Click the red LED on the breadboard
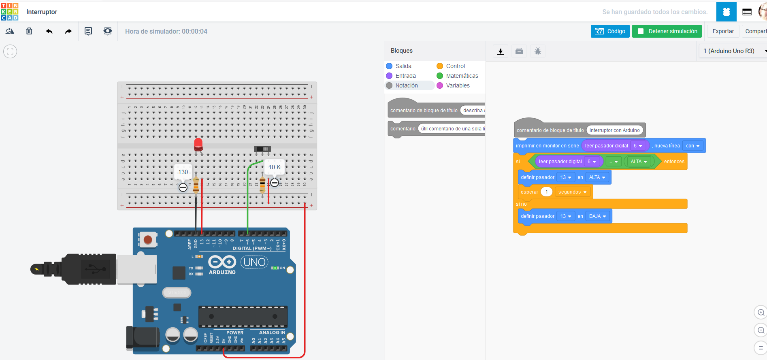(198, 144)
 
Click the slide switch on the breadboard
(262, 149)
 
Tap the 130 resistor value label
(183, 172)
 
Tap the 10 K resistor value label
(275, 167)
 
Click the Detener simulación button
(667, 31)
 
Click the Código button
(610, 31)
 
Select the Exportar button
(723, 31)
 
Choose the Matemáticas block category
(462, 76)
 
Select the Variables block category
(458, 85)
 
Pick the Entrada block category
(405, 76)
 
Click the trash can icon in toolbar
(29, 31)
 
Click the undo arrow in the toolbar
(49, 31)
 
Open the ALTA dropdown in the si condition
(639, 162)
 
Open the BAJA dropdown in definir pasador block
(597, 216)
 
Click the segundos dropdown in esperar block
(572, 192)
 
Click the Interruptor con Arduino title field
(614, 130)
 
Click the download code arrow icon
(501, 51)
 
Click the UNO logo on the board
(254, 262)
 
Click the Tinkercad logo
(10, 11)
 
